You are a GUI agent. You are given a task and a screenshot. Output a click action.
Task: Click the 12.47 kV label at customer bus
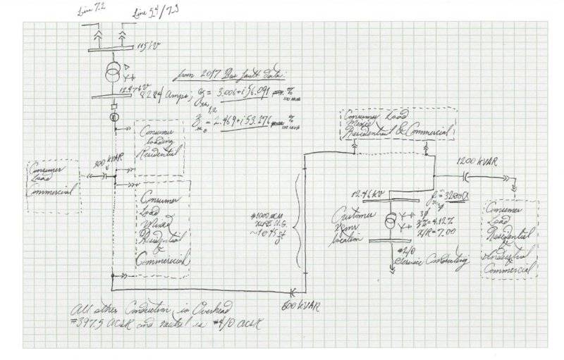(365, 194)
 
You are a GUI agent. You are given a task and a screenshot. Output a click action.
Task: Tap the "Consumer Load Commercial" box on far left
(52, 186)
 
